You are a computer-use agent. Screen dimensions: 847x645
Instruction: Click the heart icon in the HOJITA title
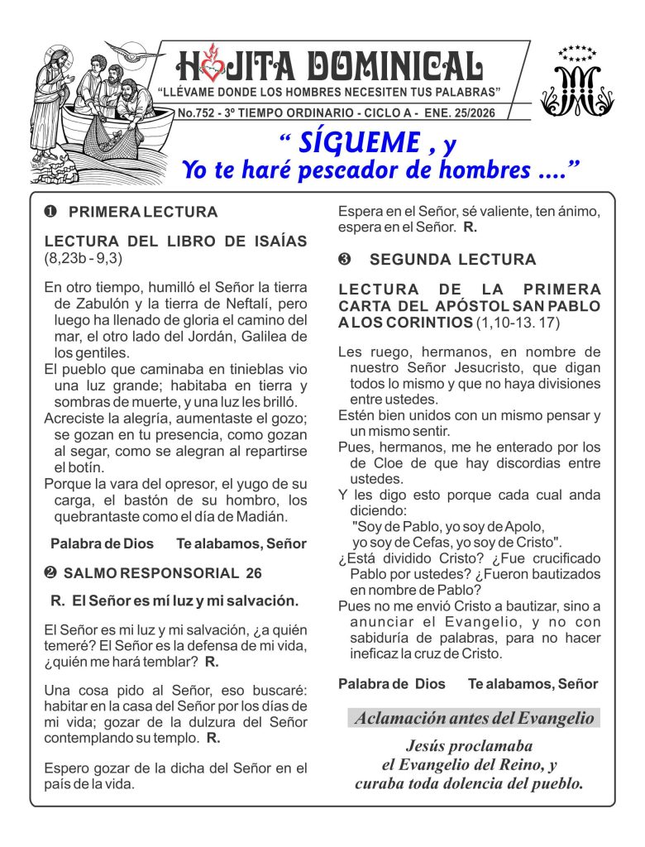(x=213, y=66)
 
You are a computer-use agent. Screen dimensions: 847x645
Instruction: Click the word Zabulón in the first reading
(x=84, y=304)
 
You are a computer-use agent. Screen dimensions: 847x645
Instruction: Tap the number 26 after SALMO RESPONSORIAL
(x=253, y=572)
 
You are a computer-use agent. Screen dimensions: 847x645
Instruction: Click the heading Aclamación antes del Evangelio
(x=474, y=718)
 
